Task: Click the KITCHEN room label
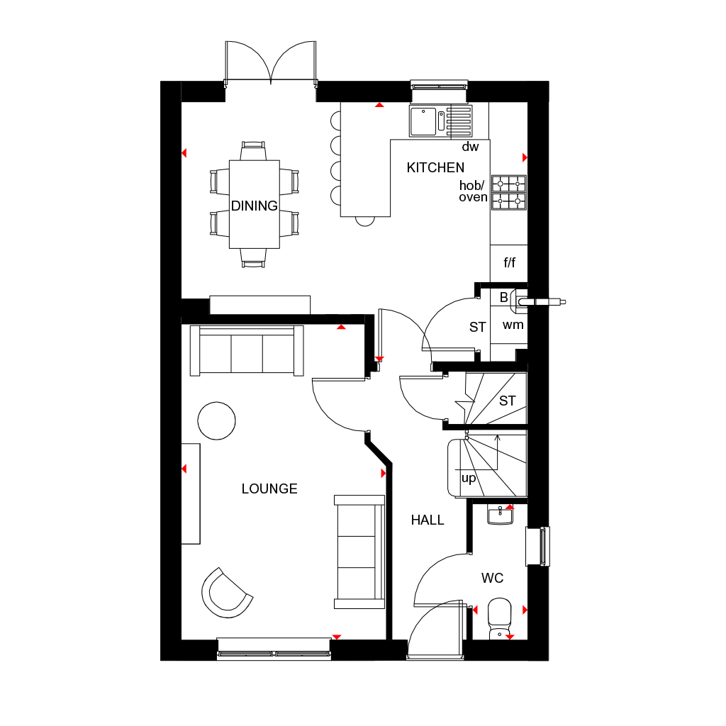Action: coord(435,168)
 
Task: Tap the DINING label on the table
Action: coord(255,206)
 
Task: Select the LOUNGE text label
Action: coord(269,488)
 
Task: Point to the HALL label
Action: coord(428,520)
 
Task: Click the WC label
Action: coord(492,579)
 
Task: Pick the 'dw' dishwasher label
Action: coord(470,147)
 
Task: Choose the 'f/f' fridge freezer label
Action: coord(509,263)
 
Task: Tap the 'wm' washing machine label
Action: coord(513,325)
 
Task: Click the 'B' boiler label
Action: coord(503,298)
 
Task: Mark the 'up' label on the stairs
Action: coord(469,478)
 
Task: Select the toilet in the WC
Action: coord(500,616)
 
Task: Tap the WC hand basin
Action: coord(501,515)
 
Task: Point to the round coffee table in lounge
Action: coord(216,420)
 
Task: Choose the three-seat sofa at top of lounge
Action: coord(247,351)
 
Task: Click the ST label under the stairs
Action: coord(507,401)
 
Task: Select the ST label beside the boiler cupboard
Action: coord(477,328)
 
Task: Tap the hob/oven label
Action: coord(473,191)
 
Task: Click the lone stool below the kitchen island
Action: coord(364,220)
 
